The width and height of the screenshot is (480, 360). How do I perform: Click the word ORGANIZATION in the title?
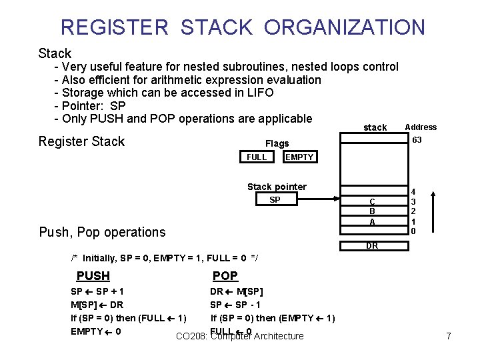[x=344, y=27]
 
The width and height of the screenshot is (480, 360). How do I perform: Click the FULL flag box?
[x=257, y=157]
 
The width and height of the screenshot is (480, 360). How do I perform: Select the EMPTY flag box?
[x=299, y=157]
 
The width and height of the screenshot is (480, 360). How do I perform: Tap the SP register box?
[x=275, y=200]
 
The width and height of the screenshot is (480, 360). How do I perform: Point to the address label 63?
[x=417, y=140]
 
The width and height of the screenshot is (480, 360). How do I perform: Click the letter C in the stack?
[x=372, y=202]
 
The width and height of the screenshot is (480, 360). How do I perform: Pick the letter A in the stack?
[x=372, y=222]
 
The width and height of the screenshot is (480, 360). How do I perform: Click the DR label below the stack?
[x=372, y=246]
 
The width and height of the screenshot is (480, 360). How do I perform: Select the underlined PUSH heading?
[x=93, y=276]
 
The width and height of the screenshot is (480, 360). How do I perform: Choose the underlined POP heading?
[x=225, y=276]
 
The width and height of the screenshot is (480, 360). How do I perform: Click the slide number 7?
[x=449, y=337]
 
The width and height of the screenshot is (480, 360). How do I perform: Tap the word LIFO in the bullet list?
[x=257, y=93]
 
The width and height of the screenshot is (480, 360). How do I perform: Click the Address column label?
[x=421, y=127]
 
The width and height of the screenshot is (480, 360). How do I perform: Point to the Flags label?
[x=277, y=143]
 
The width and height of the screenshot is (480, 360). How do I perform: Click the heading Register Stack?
[x=81, y=141]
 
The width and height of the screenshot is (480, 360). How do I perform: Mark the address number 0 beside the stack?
[x=414, y=231]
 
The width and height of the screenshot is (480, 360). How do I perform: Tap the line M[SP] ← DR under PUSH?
[x=97, y=305]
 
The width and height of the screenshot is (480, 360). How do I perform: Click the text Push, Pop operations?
[x=102, y=232]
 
